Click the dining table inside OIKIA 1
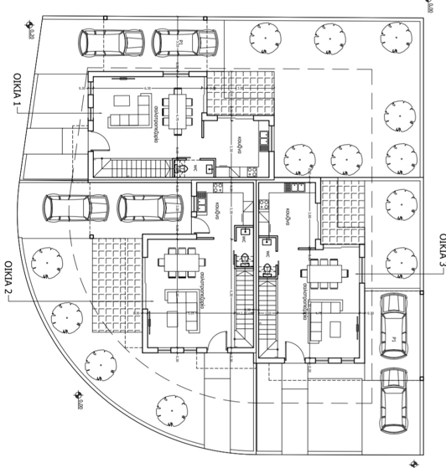tap(179, 107)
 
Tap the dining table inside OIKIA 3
tap(324, 271)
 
